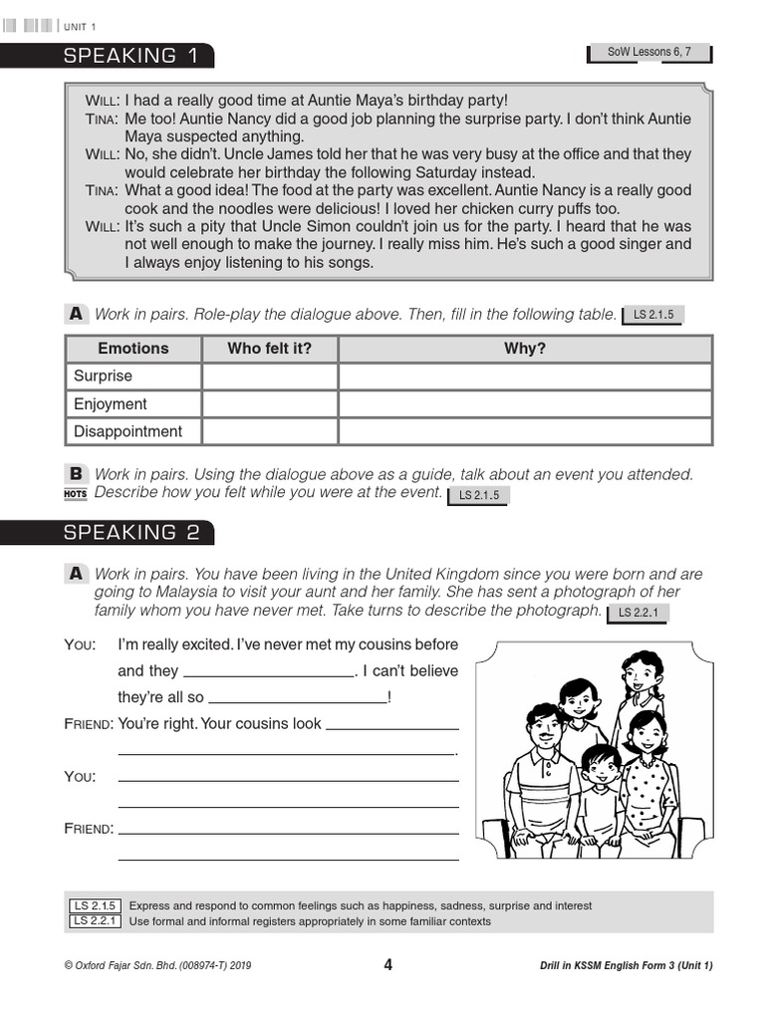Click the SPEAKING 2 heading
tap(131, 533)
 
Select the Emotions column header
tap(133, 349)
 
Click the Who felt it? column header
tap(269, 349)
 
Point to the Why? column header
tap(525, 349)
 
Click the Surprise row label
tap(103, 377)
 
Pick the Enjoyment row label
tap(110, 404)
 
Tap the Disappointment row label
tap(127, 432)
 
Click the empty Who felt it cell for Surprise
tap(269, 377)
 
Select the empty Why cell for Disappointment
tap(525, 432)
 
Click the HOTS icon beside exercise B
tap(76, 493)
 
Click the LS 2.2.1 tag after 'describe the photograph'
tap(638, 613)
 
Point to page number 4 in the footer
tap(387, 964)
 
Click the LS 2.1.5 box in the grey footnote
tap(95, 905)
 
